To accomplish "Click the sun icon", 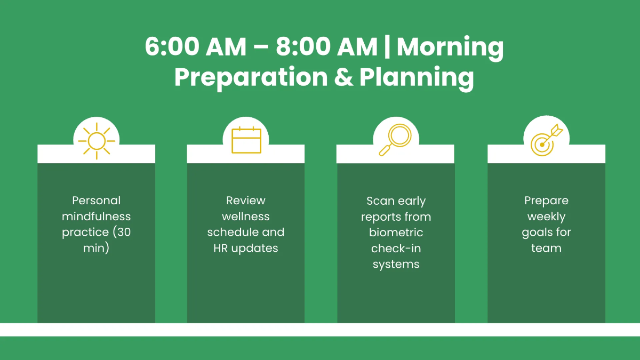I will point(97,141).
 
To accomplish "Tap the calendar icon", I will point(246,141).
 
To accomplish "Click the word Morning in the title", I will point(450,48).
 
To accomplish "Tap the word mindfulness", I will point(97,217).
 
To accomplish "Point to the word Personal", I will point(97,201).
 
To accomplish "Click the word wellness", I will point(246,217).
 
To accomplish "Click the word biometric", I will point(396,233).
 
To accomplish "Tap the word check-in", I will point(396,249).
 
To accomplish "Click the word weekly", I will point(546,217).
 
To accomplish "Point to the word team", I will point(546,248).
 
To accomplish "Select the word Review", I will point(246,201).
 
